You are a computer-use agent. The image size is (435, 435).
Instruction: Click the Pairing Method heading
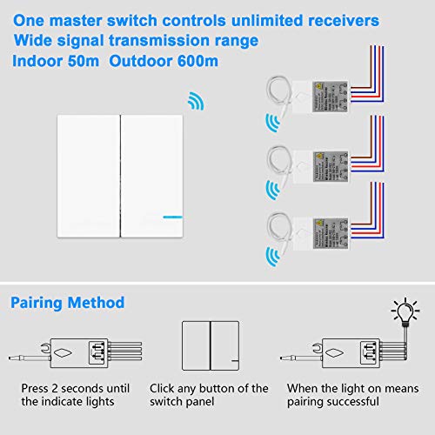click(68, 303)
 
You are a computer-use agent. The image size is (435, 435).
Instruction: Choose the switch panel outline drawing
click(209, 347)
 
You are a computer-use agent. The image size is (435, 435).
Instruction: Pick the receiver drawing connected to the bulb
click(335, 348)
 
